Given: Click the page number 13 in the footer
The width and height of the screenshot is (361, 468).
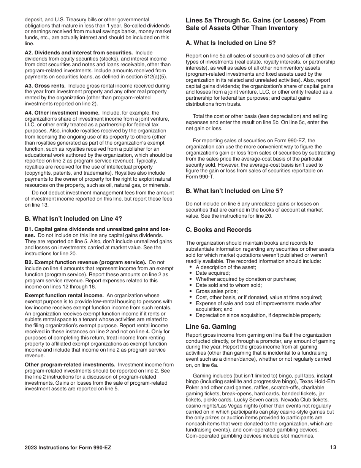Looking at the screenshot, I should [333, 447].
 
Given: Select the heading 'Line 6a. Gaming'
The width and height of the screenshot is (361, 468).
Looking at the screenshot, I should [211, 326].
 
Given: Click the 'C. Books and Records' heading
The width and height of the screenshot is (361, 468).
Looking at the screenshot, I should [218, 229].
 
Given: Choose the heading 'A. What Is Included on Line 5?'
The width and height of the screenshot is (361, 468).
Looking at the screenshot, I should [231, 43].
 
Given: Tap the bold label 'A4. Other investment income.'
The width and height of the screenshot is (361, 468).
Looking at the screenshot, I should [62, 113].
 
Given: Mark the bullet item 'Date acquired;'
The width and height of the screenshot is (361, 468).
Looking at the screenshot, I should [213, 273].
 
